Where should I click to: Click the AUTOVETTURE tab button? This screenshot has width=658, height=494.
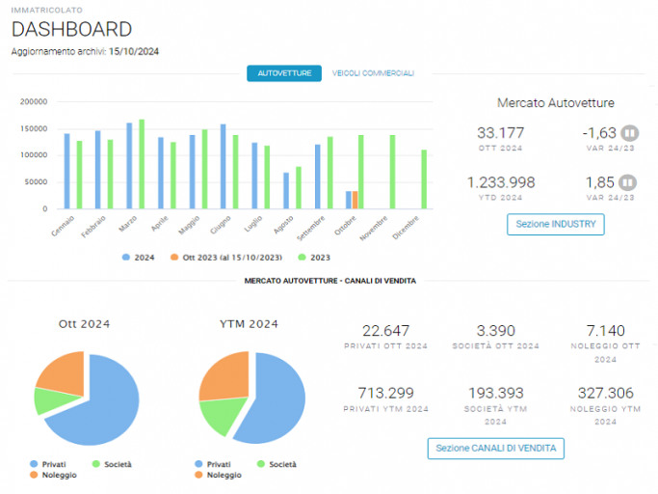click(284, 73)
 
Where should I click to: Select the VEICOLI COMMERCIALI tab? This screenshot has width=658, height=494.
click(373, 73)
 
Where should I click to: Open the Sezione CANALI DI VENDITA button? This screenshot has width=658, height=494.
click(495, 449)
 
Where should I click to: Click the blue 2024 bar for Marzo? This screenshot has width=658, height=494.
click(129, 166)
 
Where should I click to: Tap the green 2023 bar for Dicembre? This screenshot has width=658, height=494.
click(424, 179)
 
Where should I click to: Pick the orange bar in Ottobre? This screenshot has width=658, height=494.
click(355, 200)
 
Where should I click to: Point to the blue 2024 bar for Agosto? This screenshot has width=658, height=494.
click(286, 190)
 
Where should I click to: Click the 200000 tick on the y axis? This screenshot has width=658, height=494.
click(34, 101)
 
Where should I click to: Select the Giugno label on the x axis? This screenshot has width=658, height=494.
click(221, 225)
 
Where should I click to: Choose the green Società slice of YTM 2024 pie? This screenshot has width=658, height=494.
click(222, 416)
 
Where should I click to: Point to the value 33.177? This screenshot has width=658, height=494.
click(501, 133)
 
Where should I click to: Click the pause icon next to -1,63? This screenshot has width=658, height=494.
click(629, 133)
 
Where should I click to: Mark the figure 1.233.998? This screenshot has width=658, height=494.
click(501, 182)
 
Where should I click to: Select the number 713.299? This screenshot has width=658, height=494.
click(385, 393)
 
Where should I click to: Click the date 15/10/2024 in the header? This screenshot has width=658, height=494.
click(134, 51)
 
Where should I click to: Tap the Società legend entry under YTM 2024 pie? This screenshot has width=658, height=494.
click(276, 464)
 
